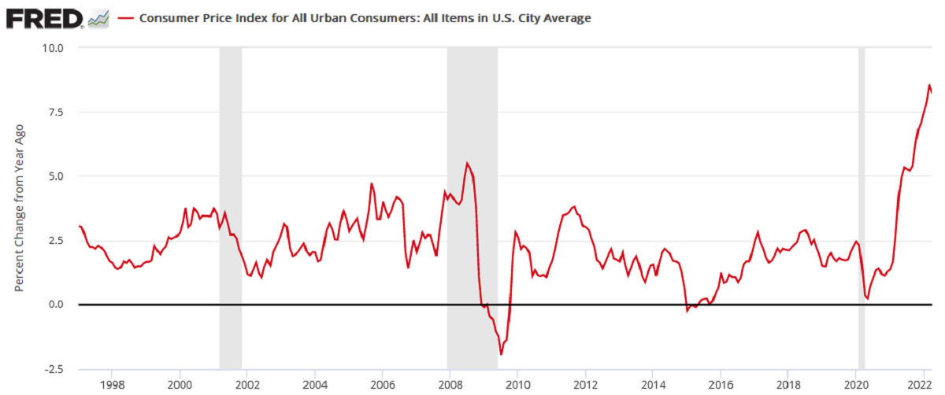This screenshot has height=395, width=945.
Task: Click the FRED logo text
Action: (44, 17)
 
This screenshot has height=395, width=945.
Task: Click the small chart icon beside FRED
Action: (98, 18)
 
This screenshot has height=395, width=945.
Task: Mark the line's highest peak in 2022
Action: (929, 85)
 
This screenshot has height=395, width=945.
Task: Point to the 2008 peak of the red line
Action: (467, 163)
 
